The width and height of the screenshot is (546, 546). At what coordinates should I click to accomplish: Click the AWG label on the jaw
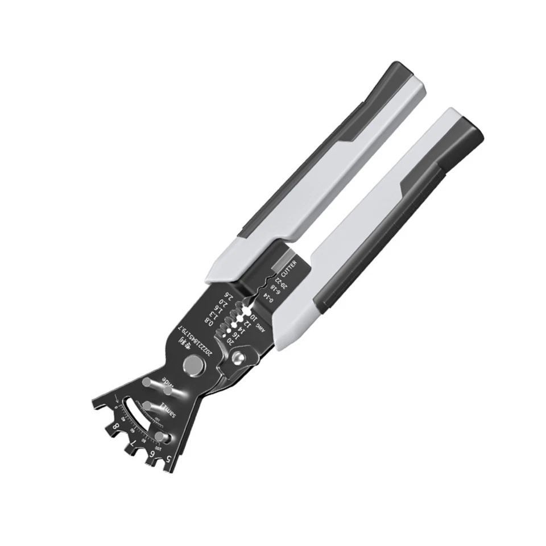pos(261,325)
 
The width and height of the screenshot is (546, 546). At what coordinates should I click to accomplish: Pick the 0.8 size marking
pos(209,323)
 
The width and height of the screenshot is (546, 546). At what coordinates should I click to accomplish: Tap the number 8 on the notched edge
pos(116,425)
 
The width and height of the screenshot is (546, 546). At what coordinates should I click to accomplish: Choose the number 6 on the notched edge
pos(151,453)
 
